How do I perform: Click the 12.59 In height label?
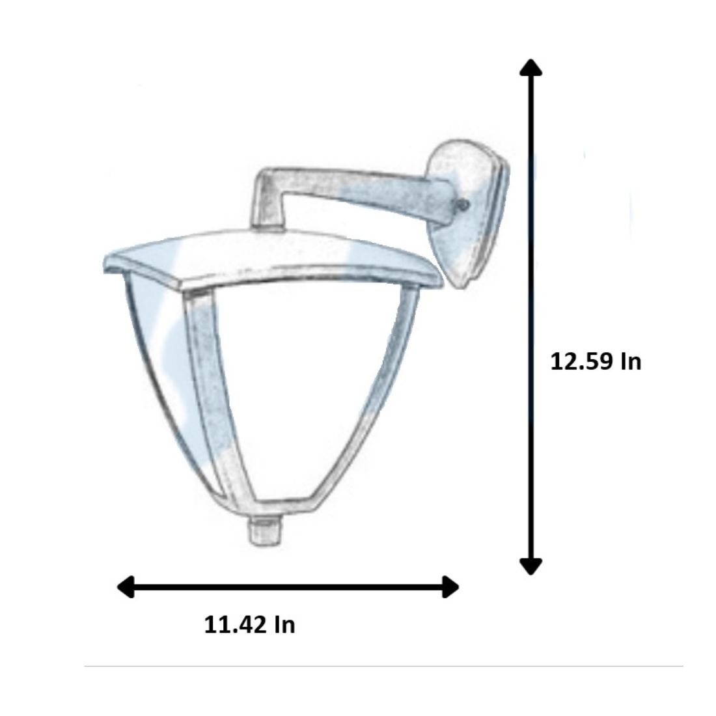click(596, 361)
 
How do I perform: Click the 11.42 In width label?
click(249, 624)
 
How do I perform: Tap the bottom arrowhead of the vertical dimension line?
click(530, 566)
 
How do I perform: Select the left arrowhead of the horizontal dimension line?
click(126, 586)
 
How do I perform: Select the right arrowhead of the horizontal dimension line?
click(451, 586)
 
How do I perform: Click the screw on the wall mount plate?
click(463, 205)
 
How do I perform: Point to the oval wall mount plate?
click(468, 212)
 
